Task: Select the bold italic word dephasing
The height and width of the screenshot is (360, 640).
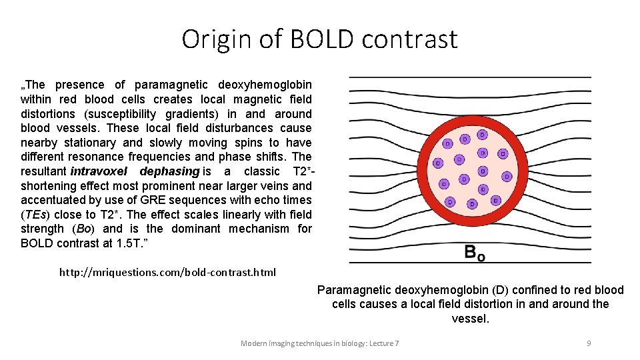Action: (169, 171)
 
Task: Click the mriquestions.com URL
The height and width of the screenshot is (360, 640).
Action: (167, 272)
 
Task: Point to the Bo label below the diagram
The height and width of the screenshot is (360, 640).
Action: (474, 253)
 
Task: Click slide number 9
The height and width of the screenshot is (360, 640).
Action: (589, 343)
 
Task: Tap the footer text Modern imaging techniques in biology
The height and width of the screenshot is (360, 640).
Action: (319, 343)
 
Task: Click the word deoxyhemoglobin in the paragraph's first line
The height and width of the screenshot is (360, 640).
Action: (265, 85)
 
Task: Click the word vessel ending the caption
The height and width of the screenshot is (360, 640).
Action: (469, 319)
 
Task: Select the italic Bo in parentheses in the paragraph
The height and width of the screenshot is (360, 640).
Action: (85, 229)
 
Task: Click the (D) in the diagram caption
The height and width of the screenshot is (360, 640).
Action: (502, 290)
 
